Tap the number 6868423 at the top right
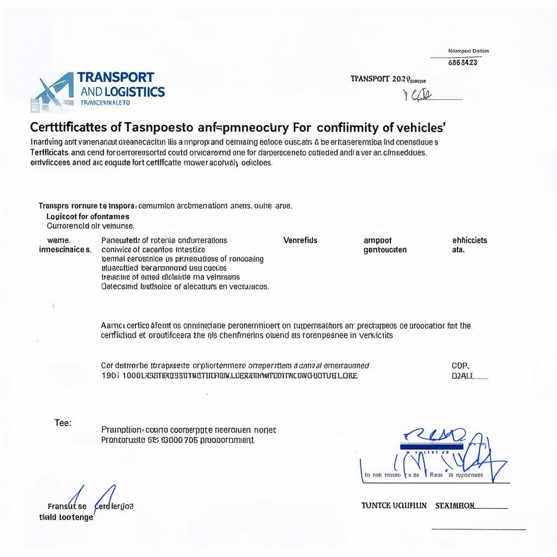click(x=462, y=62)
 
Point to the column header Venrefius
click(x=300, y=240)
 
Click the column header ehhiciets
click(x=469, y=240)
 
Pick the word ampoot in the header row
click(x=377, y=240)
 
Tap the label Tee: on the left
click(x=63, y=422)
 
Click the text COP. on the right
click(x=460, y=366)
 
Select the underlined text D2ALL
click(x=463, y=376)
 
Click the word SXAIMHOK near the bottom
click(x=455, y=505)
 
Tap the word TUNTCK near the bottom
click(x=376, y=505)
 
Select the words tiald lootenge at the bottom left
click(x=66, y=517)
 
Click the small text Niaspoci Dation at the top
click(x=468, y=51)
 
